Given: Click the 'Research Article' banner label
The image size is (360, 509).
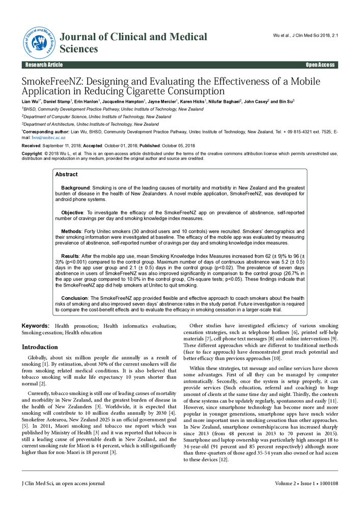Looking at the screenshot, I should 44,65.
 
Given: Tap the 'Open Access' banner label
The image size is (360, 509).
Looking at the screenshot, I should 320,65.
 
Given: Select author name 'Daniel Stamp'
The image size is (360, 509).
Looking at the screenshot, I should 56,102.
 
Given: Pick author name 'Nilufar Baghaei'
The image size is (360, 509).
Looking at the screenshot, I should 224,102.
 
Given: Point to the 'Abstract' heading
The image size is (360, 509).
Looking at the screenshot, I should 66,174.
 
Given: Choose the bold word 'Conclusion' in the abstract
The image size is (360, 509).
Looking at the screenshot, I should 75,298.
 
